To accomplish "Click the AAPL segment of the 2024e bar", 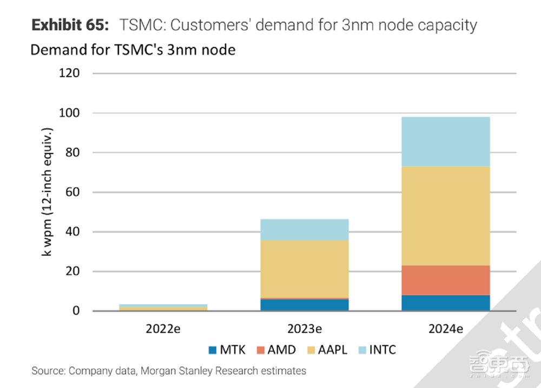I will (446, 215).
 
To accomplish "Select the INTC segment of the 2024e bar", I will (446, 141).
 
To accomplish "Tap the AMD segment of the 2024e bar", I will (446, 280).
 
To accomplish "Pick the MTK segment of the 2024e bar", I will (446, 302).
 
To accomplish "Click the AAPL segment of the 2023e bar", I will (305, 268).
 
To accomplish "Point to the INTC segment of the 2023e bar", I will (305, 229).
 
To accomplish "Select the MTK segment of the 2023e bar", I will (305, 305).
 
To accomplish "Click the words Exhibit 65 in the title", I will (70, 25).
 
